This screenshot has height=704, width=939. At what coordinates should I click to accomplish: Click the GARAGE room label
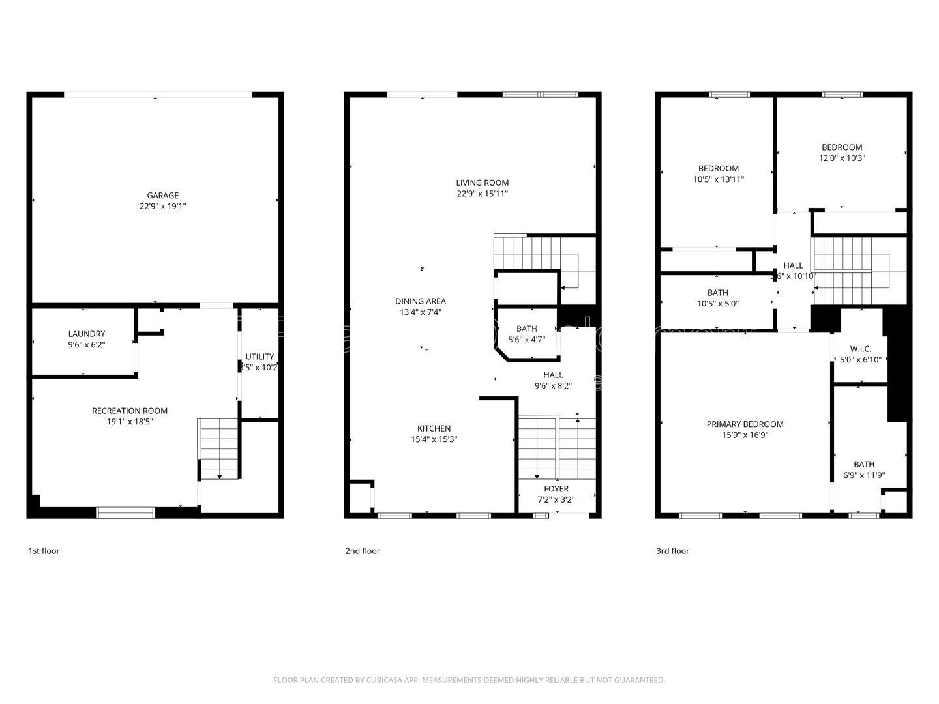pyautogui.click(x=162, y=196)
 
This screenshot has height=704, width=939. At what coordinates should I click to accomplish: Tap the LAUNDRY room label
pyautogui.click(x=86, y=334)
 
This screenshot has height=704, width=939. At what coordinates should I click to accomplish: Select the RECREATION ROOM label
pyautogui.click(x=130, y=411)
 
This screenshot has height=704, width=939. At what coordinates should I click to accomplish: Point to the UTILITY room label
pyautogui.click(x=260, y=357)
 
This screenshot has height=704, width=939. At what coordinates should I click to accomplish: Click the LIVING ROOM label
pyautogui.click(x=482, y=183)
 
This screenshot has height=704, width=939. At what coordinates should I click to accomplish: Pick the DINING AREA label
pyautogui.click(x=421, y=301)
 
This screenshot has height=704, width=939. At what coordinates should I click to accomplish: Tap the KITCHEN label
pyautogui.click(x=434, y=428)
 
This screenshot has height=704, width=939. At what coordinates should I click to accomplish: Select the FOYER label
pyautogui.click(x=556, y=489)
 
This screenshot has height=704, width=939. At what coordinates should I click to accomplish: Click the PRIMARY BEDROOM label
pyautogui.click(x=745, y=424)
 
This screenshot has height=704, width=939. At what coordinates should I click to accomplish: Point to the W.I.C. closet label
pyautogui.click(x=861, y=349)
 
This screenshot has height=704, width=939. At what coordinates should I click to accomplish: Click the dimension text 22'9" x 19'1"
pyautogui.click(x=162, y=207)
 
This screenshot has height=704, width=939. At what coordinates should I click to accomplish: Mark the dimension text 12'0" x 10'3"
pyautogui.click(x=842, y=158)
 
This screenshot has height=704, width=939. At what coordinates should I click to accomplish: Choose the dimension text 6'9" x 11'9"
pyautogui.click(x=863, y=475)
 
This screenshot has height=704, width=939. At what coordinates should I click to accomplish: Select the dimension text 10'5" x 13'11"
pyautogui.click(x=718, y=179)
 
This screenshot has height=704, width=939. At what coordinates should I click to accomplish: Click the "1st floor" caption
pyautogui.click(x=44, y=551)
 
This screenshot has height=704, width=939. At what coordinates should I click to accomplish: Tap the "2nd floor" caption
pyautogui.click(x=363, y=551)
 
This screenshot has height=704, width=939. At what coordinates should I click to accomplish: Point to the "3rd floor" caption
pyautogui.click(x=672, y=551)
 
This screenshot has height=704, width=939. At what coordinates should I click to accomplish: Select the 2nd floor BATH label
pyautogui.click(x=527, y=329)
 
